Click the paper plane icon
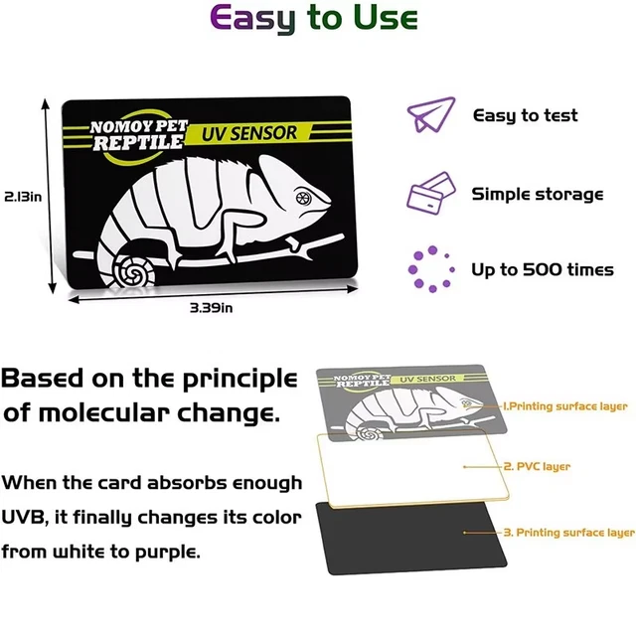[x=431, y=115]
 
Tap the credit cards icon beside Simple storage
[x=430, y=193]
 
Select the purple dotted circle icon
[x=430, y=269]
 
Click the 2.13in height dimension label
[x=23, y=197]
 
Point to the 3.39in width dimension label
[x=212, y=308]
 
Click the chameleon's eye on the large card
[x=303, y=199]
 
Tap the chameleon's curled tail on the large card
[x=132, y=269]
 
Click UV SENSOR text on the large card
[x=249, y=133]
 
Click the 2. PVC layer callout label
[x=537, y=466]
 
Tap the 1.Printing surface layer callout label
[x=565, y=406]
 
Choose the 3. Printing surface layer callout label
[x=569, y=533]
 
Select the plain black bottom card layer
[x=410, y=540]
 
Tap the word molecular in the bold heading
[x=103, y=413]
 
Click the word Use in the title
[x=385, y=17]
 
